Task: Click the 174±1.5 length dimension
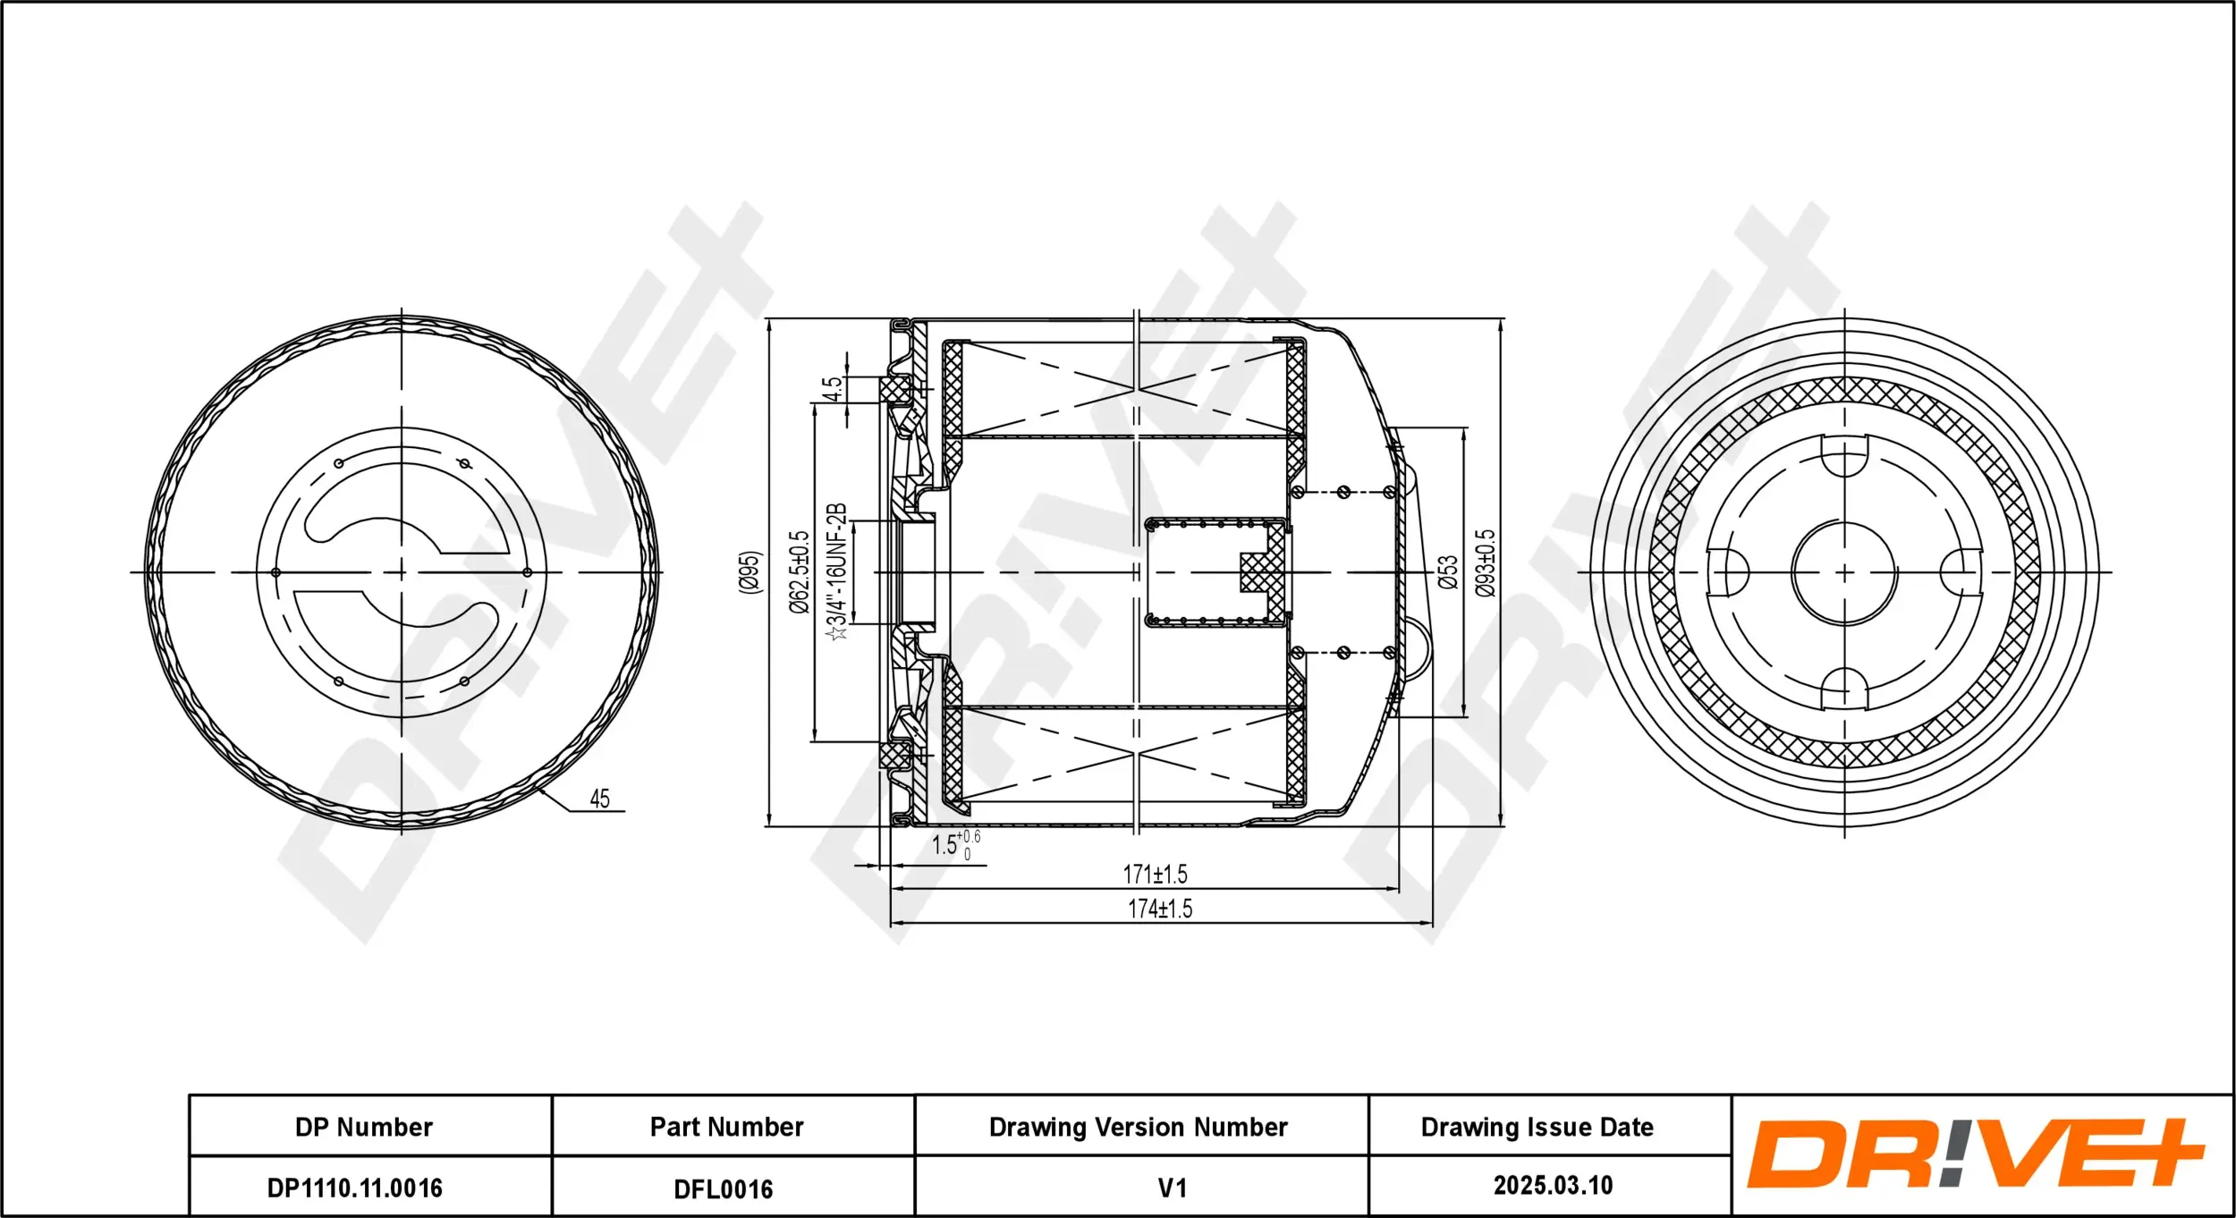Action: pyautogui.click(x=1160, y=909)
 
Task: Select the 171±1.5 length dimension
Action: pyautogui.click(x=1155, y=874)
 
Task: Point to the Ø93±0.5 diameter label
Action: pyautogui.click(x=1485, y=563)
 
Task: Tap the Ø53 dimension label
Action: pyautogui.click(x=1448, y=571)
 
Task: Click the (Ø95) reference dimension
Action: pyautogui.click(x=750, y=571)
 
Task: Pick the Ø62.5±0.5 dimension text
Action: pyautogui.click(x=799, y=572)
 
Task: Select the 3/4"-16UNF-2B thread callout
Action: pyautogui.click(x=835, y=572)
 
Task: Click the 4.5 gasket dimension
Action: pyautogui.click(x=832, y=389)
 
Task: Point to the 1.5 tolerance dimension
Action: pyautogui.click(x=954, y=843)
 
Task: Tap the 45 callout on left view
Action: pyautogui.click(x=599, y=799)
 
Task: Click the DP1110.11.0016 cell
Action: pyautogui.click(x=355, y=1188)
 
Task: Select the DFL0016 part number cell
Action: pyautogui.click(x=723, y=1188)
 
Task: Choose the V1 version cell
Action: pyautogui.click(x=1172, y=1188)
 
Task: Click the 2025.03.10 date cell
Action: pyautogui.click(x=1553, y=1186)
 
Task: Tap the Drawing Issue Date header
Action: pyautogui.click(x=1537, y=1127)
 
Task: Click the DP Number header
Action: pyautogui.click(x=363, y=1127)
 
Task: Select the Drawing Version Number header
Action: pyautogui.click(x=1138, y=1127)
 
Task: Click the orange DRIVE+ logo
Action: pyautogui.click(x=1975, y=1155)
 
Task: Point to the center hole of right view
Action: pyautogui.click(x=1844, y=572)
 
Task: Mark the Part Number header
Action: pyautogui.click(x=726, y=1127)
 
